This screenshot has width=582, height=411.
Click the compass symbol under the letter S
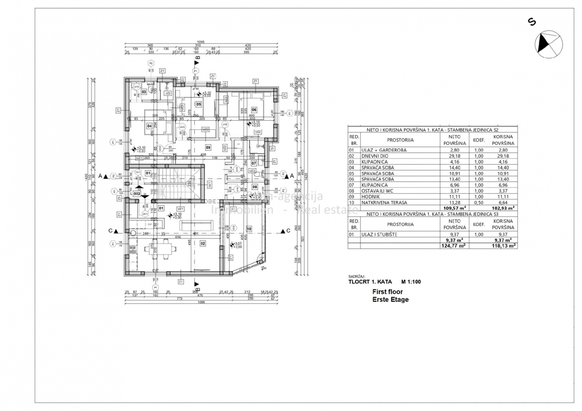point(549,44)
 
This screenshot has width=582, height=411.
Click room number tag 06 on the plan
point(254,110)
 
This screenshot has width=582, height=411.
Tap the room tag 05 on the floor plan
point(198,104)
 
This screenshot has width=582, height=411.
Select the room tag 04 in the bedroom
point(149,126)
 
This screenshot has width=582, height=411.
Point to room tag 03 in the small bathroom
point(144,92)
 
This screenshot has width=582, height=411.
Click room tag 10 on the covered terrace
point(249,228)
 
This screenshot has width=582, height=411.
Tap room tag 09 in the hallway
point(208,147)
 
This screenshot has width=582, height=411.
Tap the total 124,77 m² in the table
point(453,246)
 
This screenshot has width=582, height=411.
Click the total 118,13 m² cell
point(502,246)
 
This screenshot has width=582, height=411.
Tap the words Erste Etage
point(390,300)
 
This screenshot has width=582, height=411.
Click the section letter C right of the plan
point(288,231)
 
